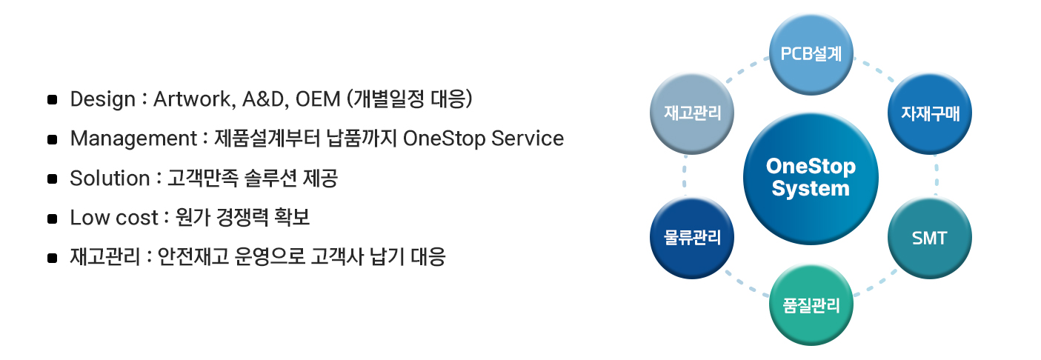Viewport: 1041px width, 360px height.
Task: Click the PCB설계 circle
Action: [x=811, y=55]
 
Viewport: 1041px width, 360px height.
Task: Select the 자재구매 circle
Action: [x=929, y=113]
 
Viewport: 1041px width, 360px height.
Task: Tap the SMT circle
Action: [x=929, y=239]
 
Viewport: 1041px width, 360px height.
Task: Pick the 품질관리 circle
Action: [x=811, y=304]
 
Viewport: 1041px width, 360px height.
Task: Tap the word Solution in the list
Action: [x=110, y=179]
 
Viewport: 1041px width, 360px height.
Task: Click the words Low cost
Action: [x=114, y=218]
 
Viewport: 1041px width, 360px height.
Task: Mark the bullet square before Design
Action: [x=52, y=100]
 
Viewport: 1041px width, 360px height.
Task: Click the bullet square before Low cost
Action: [x=52, y=219]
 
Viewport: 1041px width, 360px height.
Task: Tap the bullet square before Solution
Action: [x=52, y=179]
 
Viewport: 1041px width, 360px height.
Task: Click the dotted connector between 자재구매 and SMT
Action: [x=937, y=176]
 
